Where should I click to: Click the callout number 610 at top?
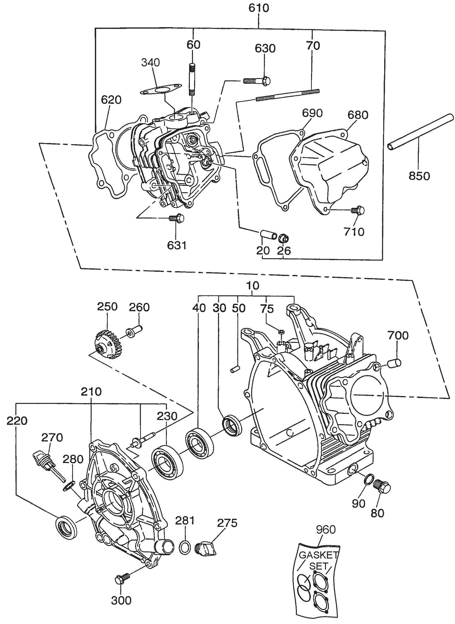click(x=259, y=8)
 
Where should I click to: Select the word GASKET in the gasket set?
click(x=318, y=555)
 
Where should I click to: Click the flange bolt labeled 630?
click(x=257, y=81)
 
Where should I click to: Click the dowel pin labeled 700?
click(x=394, y=363)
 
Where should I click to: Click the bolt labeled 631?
click(x=176, y=218)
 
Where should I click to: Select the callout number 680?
click(x=357, y=115)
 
